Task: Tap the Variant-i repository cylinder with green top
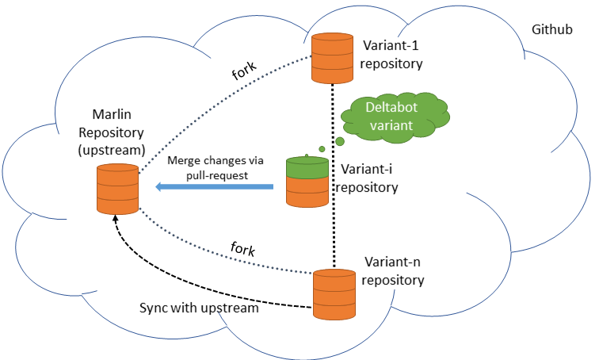307,182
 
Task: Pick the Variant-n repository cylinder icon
334,294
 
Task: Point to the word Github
552,30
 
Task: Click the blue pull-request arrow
214,187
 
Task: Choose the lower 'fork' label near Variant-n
242,249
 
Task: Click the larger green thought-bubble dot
340,141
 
